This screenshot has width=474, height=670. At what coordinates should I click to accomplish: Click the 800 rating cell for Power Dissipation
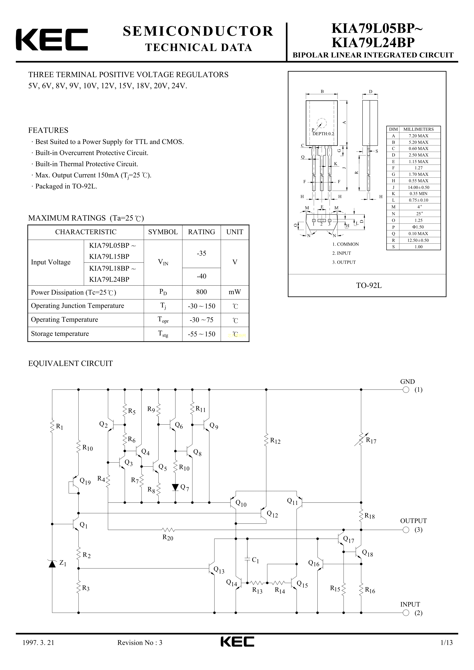click(x=201, y=292)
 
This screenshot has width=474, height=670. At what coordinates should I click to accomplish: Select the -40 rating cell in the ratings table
click(x=201, y=276)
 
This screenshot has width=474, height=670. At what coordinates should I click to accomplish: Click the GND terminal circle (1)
click(x=406, y=390)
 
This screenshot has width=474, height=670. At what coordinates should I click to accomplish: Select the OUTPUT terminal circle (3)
click(x=406, y=530)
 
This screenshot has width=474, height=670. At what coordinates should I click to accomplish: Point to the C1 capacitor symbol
click(x=247, y=559)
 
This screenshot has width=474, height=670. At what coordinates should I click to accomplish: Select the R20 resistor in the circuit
click(x=168, y=530)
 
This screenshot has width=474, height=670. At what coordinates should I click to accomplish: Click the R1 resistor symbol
click(x=52, y=427)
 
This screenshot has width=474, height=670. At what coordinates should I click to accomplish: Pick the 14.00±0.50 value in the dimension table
click(x=419, y=187)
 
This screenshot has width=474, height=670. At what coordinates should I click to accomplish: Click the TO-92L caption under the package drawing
click(x=368, y=286)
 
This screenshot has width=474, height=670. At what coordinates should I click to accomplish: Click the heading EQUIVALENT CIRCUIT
click(x=70, y=364)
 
